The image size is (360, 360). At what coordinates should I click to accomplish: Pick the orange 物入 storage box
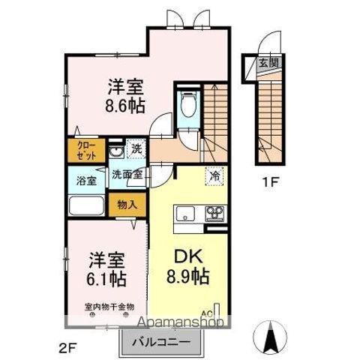click(127, 203)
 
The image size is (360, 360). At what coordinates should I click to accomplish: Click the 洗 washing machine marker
click(136, 148)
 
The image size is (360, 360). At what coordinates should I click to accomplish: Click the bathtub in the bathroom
click(86, 208)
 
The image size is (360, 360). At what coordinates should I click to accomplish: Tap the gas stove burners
click(216, 213)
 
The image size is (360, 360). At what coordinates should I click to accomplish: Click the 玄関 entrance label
click(268, 63)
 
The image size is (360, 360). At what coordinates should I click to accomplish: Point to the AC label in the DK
click(206, 316)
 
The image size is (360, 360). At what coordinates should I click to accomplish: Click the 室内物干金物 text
click(109, 307)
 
